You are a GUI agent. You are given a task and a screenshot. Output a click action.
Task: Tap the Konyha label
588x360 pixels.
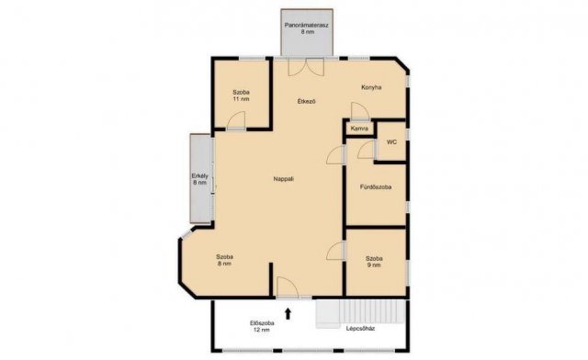[371, 87]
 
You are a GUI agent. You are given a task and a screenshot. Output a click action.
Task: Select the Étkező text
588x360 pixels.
[306, 101]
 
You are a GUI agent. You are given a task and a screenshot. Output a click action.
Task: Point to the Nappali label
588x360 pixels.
[284, 179]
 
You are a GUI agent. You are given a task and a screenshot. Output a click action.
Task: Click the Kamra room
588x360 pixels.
[359, 129]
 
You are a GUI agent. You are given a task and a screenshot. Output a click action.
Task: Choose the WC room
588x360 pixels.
[391, 142]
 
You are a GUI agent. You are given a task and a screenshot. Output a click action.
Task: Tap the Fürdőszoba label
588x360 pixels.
[376, 186]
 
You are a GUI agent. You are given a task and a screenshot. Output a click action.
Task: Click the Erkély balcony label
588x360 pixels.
[200, 179]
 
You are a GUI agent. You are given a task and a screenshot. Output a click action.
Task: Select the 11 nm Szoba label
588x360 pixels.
[241, 96]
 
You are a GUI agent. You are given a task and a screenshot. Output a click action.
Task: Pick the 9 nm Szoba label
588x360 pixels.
[374, 262]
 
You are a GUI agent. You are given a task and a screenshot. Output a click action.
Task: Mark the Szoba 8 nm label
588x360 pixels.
[224, 260]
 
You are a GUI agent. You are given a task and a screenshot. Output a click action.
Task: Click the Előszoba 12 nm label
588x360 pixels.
[262, 327]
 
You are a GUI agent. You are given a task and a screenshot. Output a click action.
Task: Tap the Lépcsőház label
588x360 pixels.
[360, 329]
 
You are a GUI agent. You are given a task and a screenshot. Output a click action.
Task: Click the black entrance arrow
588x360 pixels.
[288, 313]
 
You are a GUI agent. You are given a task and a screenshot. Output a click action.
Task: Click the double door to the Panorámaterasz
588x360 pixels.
[306, 68]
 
